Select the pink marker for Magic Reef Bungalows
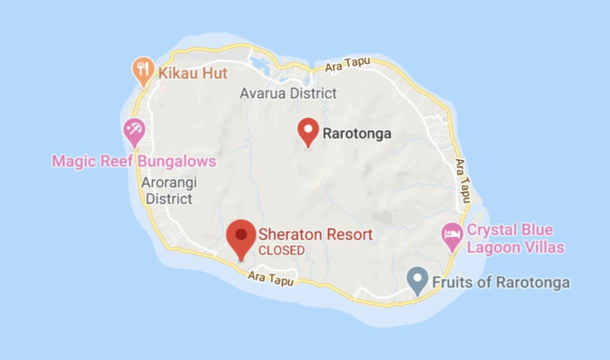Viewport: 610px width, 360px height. [134, 130]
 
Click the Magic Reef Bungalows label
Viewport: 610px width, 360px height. [134, 160]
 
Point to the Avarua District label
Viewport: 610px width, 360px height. [288, 93]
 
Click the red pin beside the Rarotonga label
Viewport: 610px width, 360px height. [309, 130]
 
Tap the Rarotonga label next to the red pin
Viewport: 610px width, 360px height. [356, 132]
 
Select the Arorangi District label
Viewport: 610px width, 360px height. [168, 190]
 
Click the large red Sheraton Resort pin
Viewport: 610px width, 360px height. [241, 236]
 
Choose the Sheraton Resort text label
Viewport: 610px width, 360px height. [315, 235]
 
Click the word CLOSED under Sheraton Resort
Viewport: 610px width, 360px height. [281, 250]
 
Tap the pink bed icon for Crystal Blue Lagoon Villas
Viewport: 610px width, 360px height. [451, 235]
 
